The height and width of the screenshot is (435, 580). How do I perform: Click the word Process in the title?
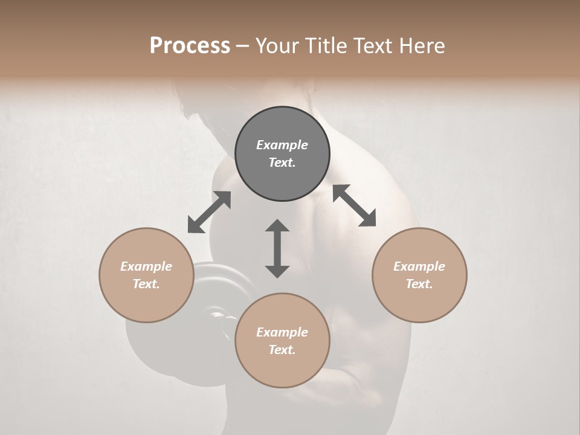tap(190, 46)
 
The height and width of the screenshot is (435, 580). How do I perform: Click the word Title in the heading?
tap(326, 46)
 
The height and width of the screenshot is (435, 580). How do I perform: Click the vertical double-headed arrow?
tap(277, 248)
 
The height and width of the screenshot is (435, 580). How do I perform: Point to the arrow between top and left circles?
tap(209, 212)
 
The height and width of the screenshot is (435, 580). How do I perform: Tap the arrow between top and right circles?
tap(354, 205)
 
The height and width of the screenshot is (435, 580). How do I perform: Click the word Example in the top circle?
tap(282, 145)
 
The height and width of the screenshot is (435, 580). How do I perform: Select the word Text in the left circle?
tap(146, 284)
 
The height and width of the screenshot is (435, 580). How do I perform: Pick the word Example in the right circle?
tap(419, 266)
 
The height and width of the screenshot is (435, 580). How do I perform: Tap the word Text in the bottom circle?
tap(282, 350)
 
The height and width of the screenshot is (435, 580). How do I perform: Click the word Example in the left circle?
tap(146, 266)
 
